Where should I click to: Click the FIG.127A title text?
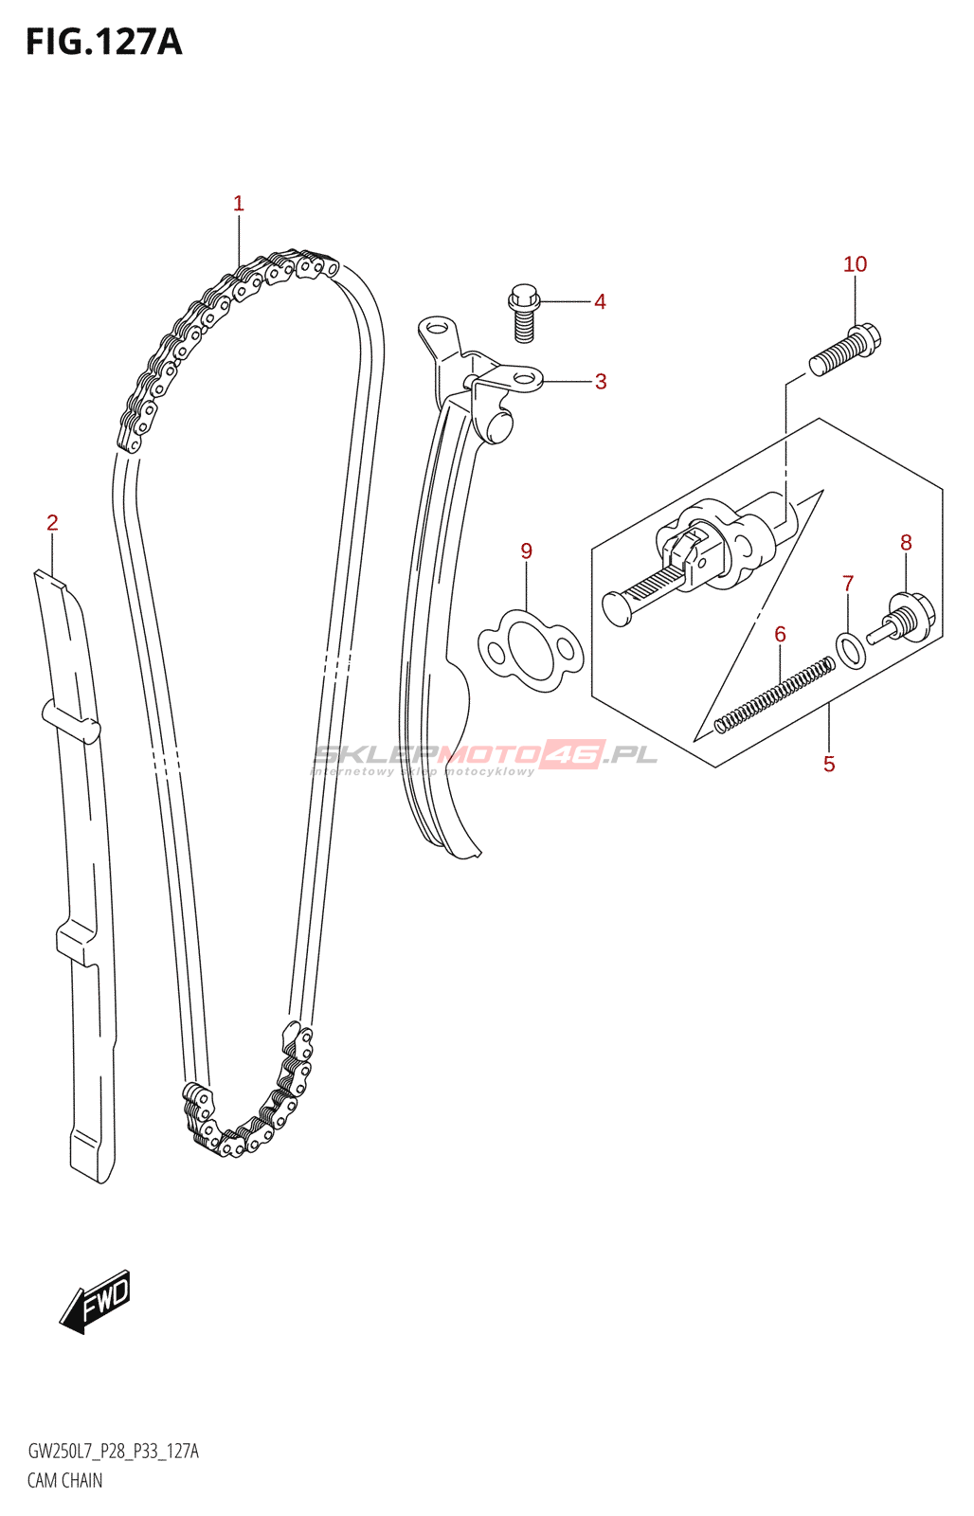[103, 43]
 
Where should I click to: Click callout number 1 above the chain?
[239, 203]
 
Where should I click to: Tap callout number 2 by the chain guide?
[53, 522]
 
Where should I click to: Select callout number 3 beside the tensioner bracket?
[601, 382]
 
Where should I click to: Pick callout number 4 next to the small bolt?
[600, 301]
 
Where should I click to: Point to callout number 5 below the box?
[829, 764]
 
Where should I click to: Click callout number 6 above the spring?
[780, 634]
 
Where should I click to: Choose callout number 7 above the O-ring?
[848, 584]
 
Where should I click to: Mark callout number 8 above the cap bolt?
[906, 542]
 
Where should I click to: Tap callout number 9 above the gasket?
[527, 550]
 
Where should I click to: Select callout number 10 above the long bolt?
[855, 264]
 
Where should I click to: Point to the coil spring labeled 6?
[774, 696]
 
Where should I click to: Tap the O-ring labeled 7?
[850, 650]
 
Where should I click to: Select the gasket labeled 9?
[531, 651]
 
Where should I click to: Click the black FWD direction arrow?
[96, 1301]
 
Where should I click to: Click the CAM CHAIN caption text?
[64, 1480]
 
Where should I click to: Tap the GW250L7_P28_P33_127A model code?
[113, 1452]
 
